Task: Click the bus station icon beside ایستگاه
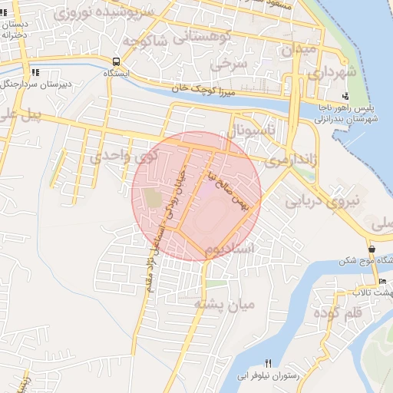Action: tap(116, 62)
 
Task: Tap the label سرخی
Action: tap(230, 65)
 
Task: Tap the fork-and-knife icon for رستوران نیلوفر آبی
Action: tap(268, 363)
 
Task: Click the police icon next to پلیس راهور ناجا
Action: tap(346, 97)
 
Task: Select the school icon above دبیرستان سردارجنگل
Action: tap(35, 72)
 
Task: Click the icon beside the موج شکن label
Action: tap(372, 249)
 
